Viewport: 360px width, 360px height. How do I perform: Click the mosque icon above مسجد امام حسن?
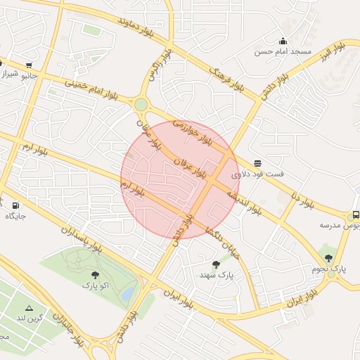point(283,41)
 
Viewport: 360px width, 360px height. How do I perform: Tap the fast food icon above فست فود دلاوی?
point(258,163)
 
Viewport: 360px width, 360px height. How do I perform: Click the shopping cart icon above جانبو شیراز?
point(28,63)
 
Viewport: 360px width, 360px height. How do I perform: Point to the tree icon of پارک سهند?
point(216,264)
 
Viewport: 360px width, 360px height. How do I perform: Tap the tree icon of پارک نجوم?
point(328,258)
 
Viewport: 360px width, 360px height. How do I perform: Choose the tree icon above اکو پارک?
point(95,275)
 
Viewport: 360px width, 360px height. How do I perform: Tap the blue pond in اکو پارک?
point(127,296)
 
